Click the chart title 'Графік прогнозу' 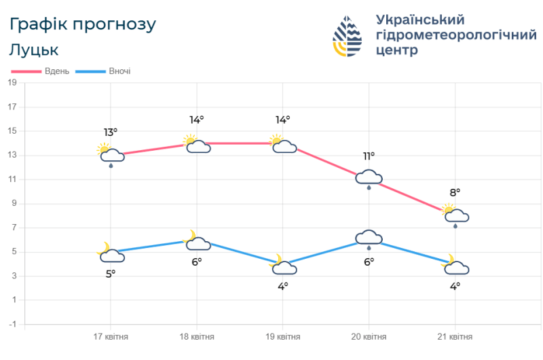tap(83, 24)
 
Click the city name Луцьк tap(34, 50)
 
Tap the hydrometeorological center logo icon tap(348, 37)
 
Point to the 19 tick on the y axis tap(12, 83)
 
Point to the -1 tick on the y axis tap(12, 324)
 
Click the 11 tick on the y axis tap(12, 179)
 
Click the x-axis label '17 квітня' tap(111, 337)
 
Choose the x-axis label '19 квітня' tap(282, 337)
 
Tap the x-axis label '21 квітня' tap(454, 337)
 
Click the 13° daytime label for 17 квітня tap(111, 132)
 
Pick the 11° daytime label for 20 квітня tap(369, 156)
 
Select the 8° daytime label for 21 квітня tap(454, 192)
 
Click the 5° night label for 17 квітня tap(111, 273)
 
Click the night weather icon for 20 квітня tap(369, 239)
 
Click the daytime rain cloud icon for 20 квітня tap(369, 179)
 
